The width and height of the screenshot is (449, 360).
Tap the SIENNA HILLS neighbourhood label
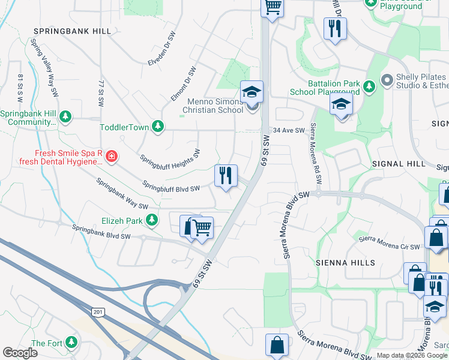(x=345, y=263)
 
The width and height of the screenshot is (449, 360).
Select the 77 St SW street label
(x=102, y=92)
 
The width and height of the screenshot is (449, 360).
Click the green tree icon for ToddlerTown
(x=158, y=126)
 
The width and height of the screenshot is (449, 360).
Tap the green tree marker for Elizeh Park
(x=152, y=220)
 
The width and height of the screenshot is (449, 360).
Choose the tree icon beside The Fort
(x=71, y=343)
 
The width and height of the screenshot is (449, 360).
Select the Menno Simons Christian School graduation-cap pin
(x=252, y=92)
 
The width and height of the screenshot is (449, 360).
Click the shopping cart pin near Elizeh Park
(x=202, y=228)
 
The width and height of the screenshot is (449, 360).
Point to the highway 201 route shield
(x=97, y=311)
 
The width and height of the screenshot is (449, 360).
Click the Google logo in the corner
(x=20, y=352)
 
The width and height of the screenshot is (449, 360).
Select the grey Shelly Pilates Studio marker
(x=387, y=79)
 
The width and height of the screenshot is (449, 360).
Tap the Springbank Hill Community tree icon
(x=65, y=116)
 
